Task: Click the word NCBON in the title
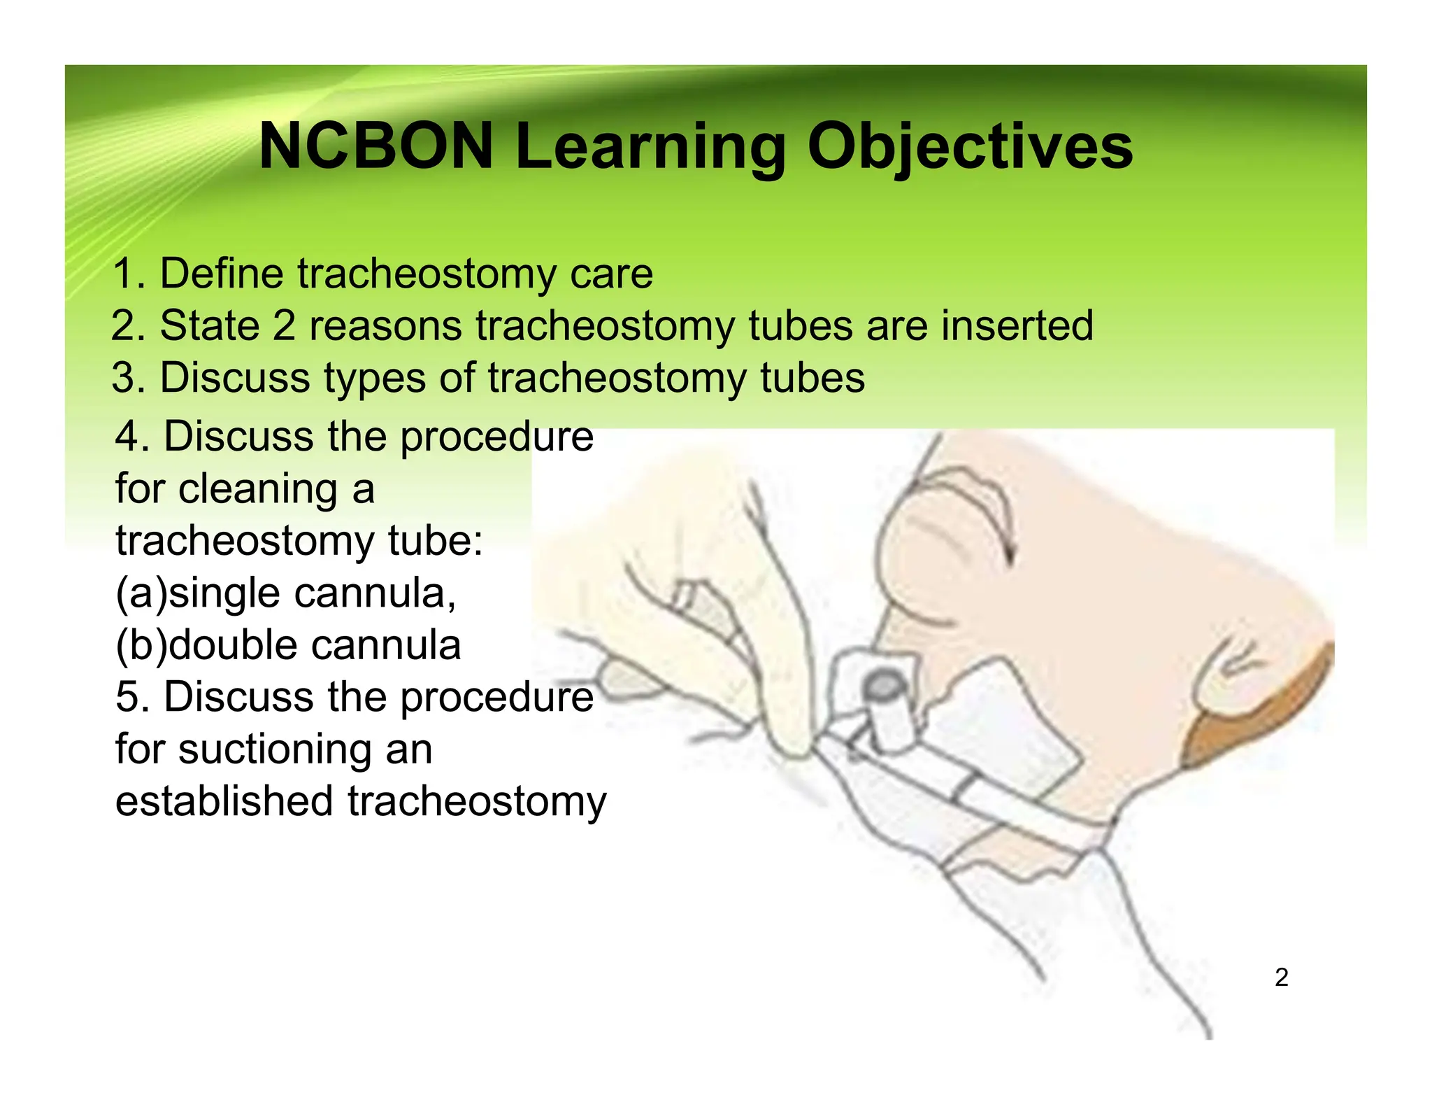click(x=376, y=146)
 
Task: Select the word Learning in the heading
click(x=650, y=148)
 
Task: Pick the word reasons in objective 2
click(x=386, y=327)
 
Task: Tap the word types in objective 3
click(x=375, y=379)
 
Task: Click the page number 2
click(x=1281, y=977)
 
